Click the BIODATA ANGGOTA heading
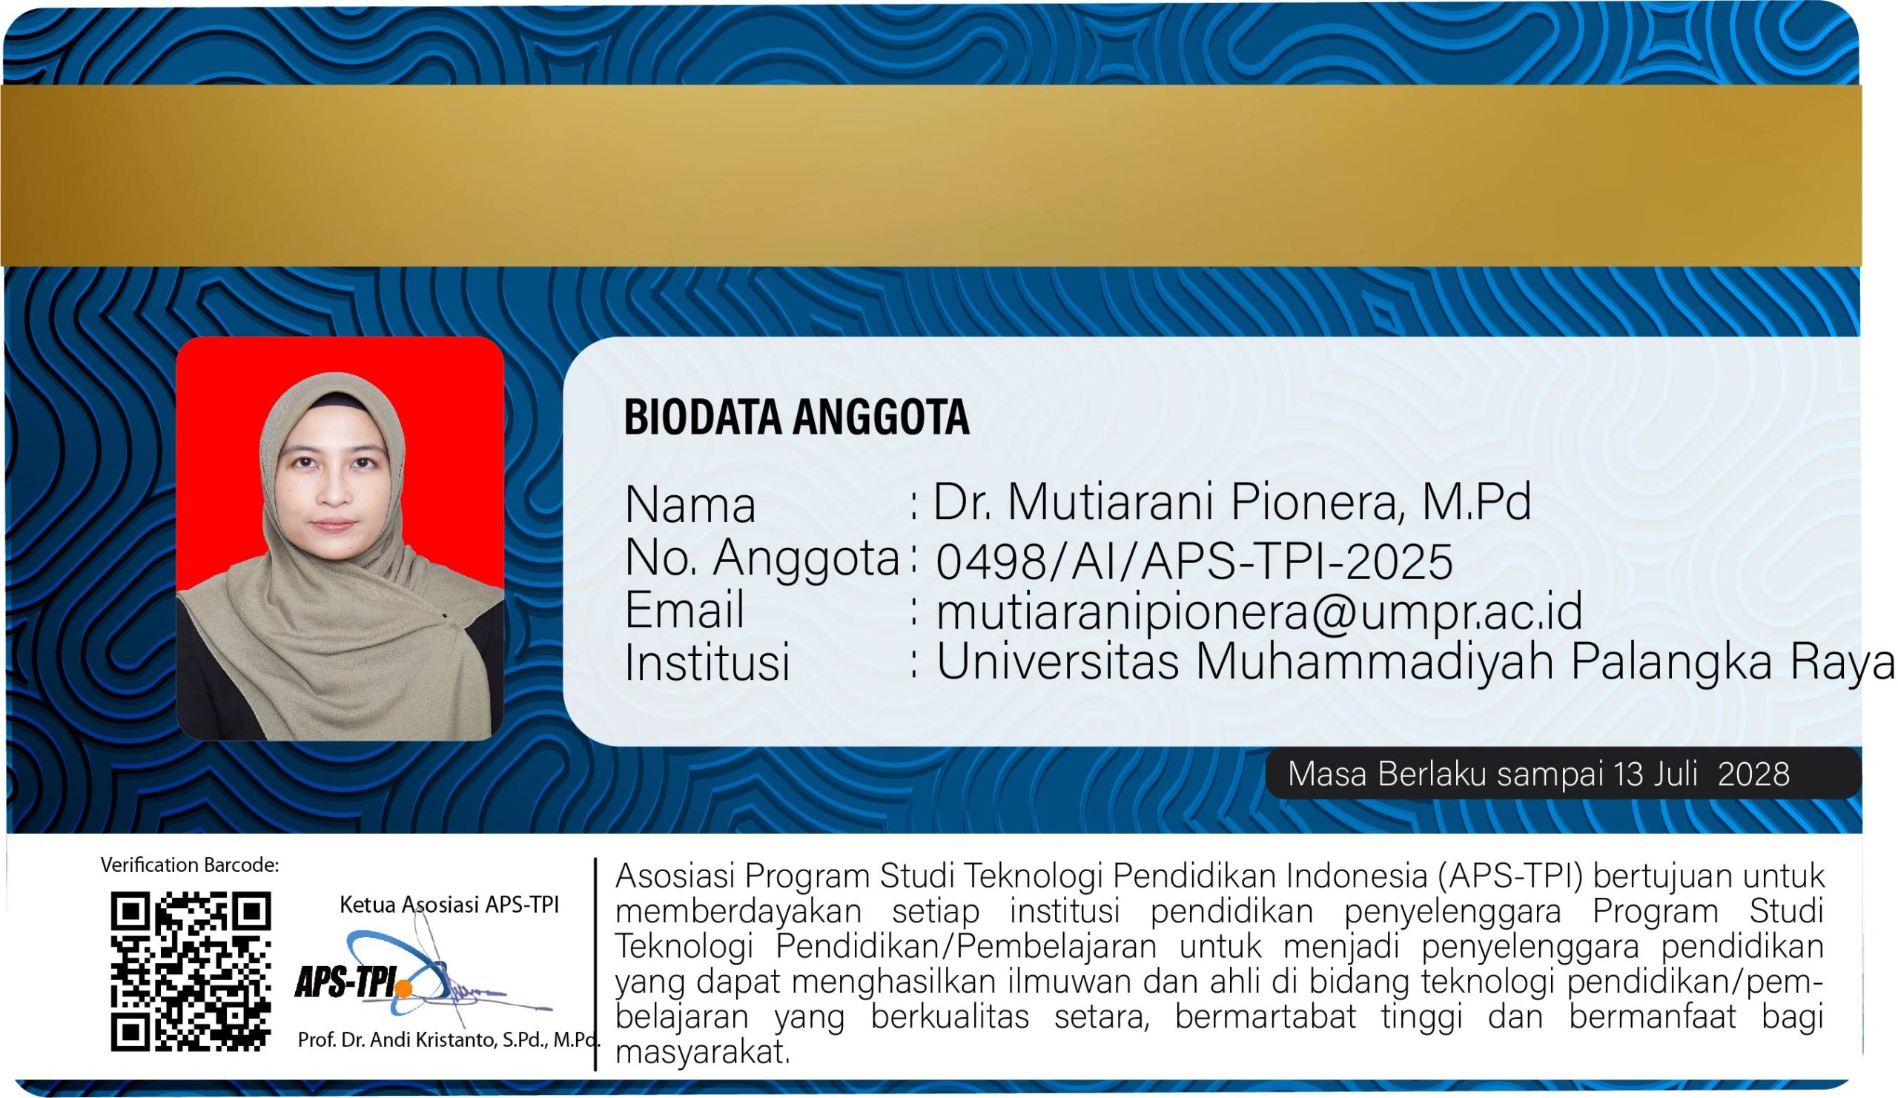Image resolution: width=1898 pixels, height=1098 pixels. point(796,417)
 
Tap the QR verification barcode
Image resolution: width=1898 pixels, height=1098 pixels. point(191,971)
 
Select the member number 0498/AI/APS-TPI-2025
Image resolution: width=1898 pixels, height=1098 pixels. point(1194,561)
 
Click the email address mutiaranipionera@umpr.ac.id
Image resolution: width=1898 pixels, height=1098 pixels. point(1259,612)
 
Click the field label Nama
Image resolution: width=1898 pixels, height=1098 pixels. point(690,505)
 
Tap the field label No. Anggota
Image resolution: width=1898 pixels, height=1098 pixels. point(762,559)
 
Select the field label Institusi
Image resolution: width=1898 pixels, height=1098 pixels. point(707,663)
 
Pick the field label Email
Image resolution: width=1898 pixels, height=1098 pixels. point(684,609)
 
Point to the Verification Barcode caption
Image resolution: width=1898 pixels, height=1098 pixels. point(190,865)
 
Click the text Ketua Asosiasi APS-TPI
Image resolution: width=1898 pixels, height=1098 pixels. point(449,904)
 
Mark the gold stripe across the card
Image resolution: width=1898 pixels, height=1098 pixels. point(931,176)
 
